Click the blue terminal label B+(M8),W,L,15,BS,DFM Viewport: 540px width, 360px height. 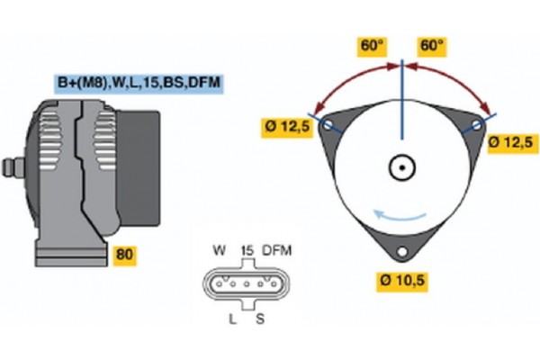(x=139, y=84)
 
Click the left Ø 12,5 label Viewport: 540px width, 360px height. (x=289, y=128)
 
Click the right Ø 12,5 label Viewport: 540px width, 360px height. (x=511, y=141)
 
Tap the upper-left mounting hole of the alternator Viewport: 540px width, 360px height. (x=330, y=125)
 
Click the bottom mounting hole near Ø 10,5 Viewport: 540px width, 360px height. (x=402, y=249)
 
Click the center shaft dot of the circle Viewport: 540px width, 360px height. (x=401, y=166)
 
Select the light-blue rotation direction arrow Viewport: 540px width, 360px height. (x=400, y=214)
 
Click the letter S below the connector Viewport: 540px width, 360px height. (x=261, y=320)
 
